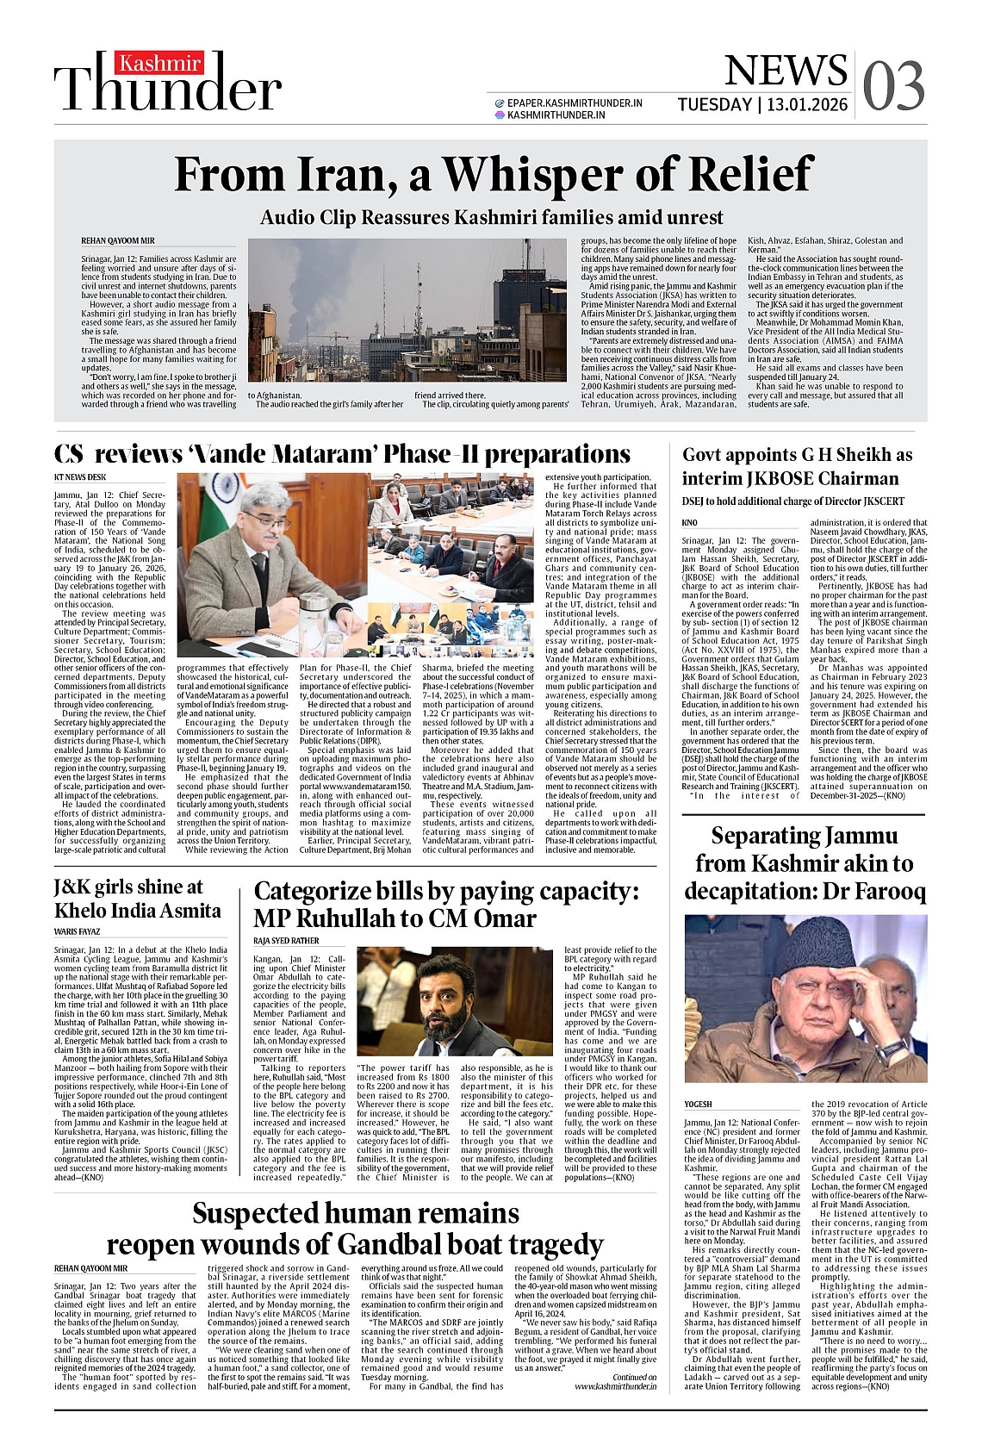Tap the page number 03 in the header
[893, 86]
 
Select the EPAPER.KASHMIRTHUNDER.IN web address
[575, 103]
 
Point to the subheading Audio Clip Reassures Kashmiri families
[491, 217]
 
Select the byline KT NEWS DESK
[80, 476]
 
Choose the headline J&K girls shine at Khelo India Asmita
[138, 898]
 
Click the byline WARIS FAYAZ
[78, 931]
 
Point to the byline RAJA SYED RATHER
[286, 941]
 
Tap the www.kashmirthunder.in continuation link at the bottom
[615, 1386]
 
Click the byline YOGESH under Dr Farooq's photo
[698, 1104]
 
